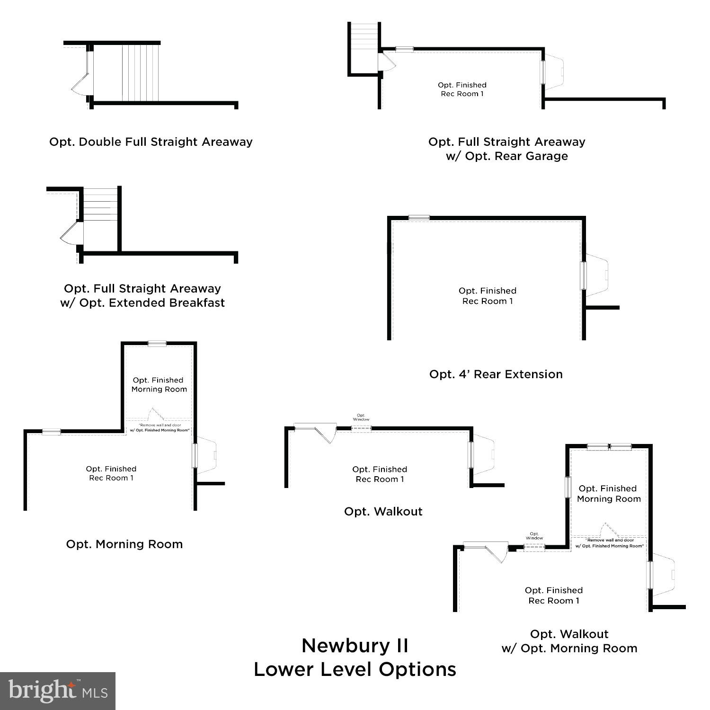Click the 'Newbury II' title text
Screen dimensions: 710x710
[355, 646]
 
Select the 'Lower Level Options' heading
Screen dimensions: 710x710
[355, 669]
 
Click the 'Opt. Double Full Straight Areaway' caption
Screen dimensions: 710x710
[151, 142]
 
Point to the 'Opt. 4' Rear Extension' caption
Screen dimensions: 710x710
[496, 374]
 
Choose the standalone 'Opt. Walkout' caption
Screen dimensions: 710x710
[383, 512]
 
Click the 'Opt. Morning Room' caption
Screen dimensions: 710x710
[124, 544]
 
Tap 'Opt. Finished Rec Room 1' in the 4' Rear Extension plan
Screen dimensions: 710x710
[487, 296]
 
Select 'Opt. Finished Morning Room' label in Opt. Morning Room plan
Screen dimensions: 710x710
[159, 385]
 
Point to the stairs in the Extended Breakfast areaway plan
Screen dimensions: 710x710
[100, 204]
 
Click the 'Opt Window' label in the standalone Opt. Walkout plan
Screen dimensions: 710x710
[361, 417]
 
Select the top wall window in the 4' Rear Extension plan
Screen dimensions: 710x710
[419, 218]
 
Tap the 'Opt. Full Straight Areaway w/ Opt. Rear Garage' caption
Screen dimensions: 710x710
[506, 149]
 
